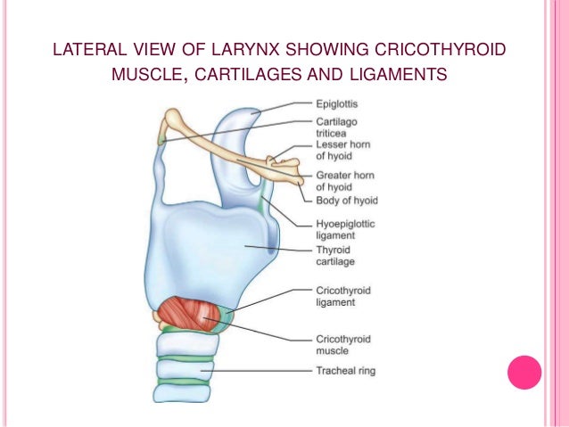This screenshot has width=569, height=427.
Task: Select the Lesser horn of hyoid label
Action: tap(342, 149)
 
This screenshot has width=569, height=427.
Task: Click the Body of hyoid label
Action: tap(347, 200)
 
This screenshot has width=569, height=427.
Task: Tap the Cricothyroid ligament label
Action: tap(342, 296)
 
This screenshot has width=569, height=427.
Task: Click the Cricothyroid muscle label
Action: tap(342, 345)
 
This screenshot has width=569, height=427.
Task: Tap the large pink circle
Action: tap(524, 373)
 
